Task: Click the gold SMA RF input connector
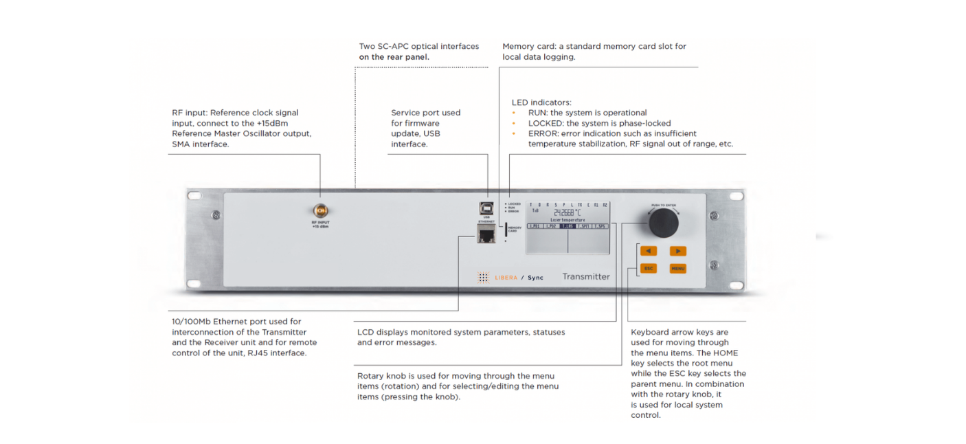319,210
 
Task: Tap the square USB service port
486,207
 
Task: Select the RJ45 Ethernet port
486,235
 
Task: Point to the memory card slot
506,230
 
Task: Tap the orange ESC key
649,268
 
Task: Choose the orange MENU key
677,268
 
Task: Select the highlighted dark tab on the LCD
568,225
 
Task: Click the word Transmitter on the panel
586,276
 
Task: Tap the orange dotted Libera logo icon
483,277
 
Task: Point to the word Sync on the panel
535,278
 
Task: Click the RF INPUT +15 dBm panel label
319,225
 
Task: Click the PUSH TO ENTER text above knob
662,205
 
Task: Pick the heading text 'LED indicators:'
541,102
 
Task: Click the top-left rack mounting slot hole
194,196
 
